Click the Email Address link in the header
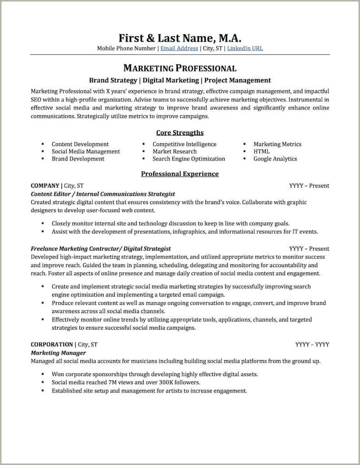click(x=179, y=48)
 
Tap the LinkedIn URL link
click(x=245, y=48)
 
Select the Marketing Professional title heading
click(x=180, y=68)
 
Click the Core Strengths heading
click(x=180, y=133)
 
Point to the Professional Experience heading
click(x=180, y=174)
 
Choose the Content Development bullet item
click(x=80, y=144)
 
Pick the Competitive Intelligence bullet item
click(x=184, y=144)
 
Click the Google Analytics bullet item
click(x=275, y=159)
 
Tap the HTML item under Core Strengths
click(x=261, y=151)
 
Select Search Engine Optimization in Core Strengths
click(x=188, y=159)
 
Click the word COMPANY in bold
click(x=45, y=185)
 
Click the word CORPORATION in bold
click(x=52, y=344)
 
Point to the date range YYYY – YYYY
click(x=312, y=344)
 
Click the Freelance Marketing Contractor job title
click(x=76, y=248)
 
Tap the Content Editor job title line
click(x=103, y=194)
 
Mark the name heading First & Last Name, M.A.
click(x=180, y=37)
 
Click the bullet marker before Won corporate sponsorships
click(x=42, y=374)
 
